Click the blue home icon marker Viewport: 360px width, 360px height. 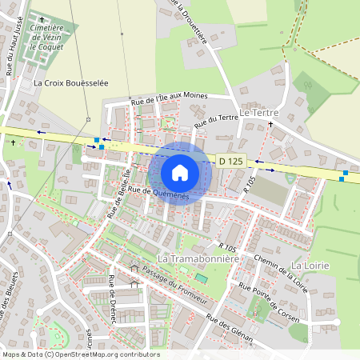[180, 173]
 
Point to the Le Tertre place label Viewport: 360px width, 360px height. [256, 114]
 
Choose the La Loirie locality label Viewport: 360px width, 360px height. [310, 265]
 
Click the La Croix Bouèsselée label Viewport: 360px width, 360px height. [70, 82]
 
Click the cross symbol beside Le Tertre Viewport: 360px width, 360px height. [270, 125]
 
